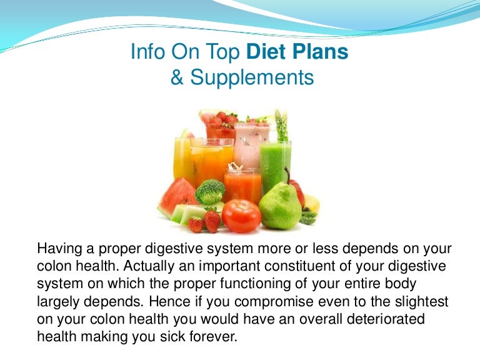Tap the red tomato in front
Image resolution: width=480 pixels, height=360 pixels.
(242, 216)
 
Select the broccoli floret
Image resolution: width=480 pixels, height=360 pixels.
(210, 191)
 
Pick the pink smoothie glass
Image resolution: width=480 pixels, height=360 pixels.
(251, 144)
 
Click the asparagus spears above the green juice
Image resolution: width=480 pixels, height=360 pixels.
(281, 125)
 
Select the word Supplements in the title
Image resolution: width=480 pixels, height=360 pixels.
(252, 77)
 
